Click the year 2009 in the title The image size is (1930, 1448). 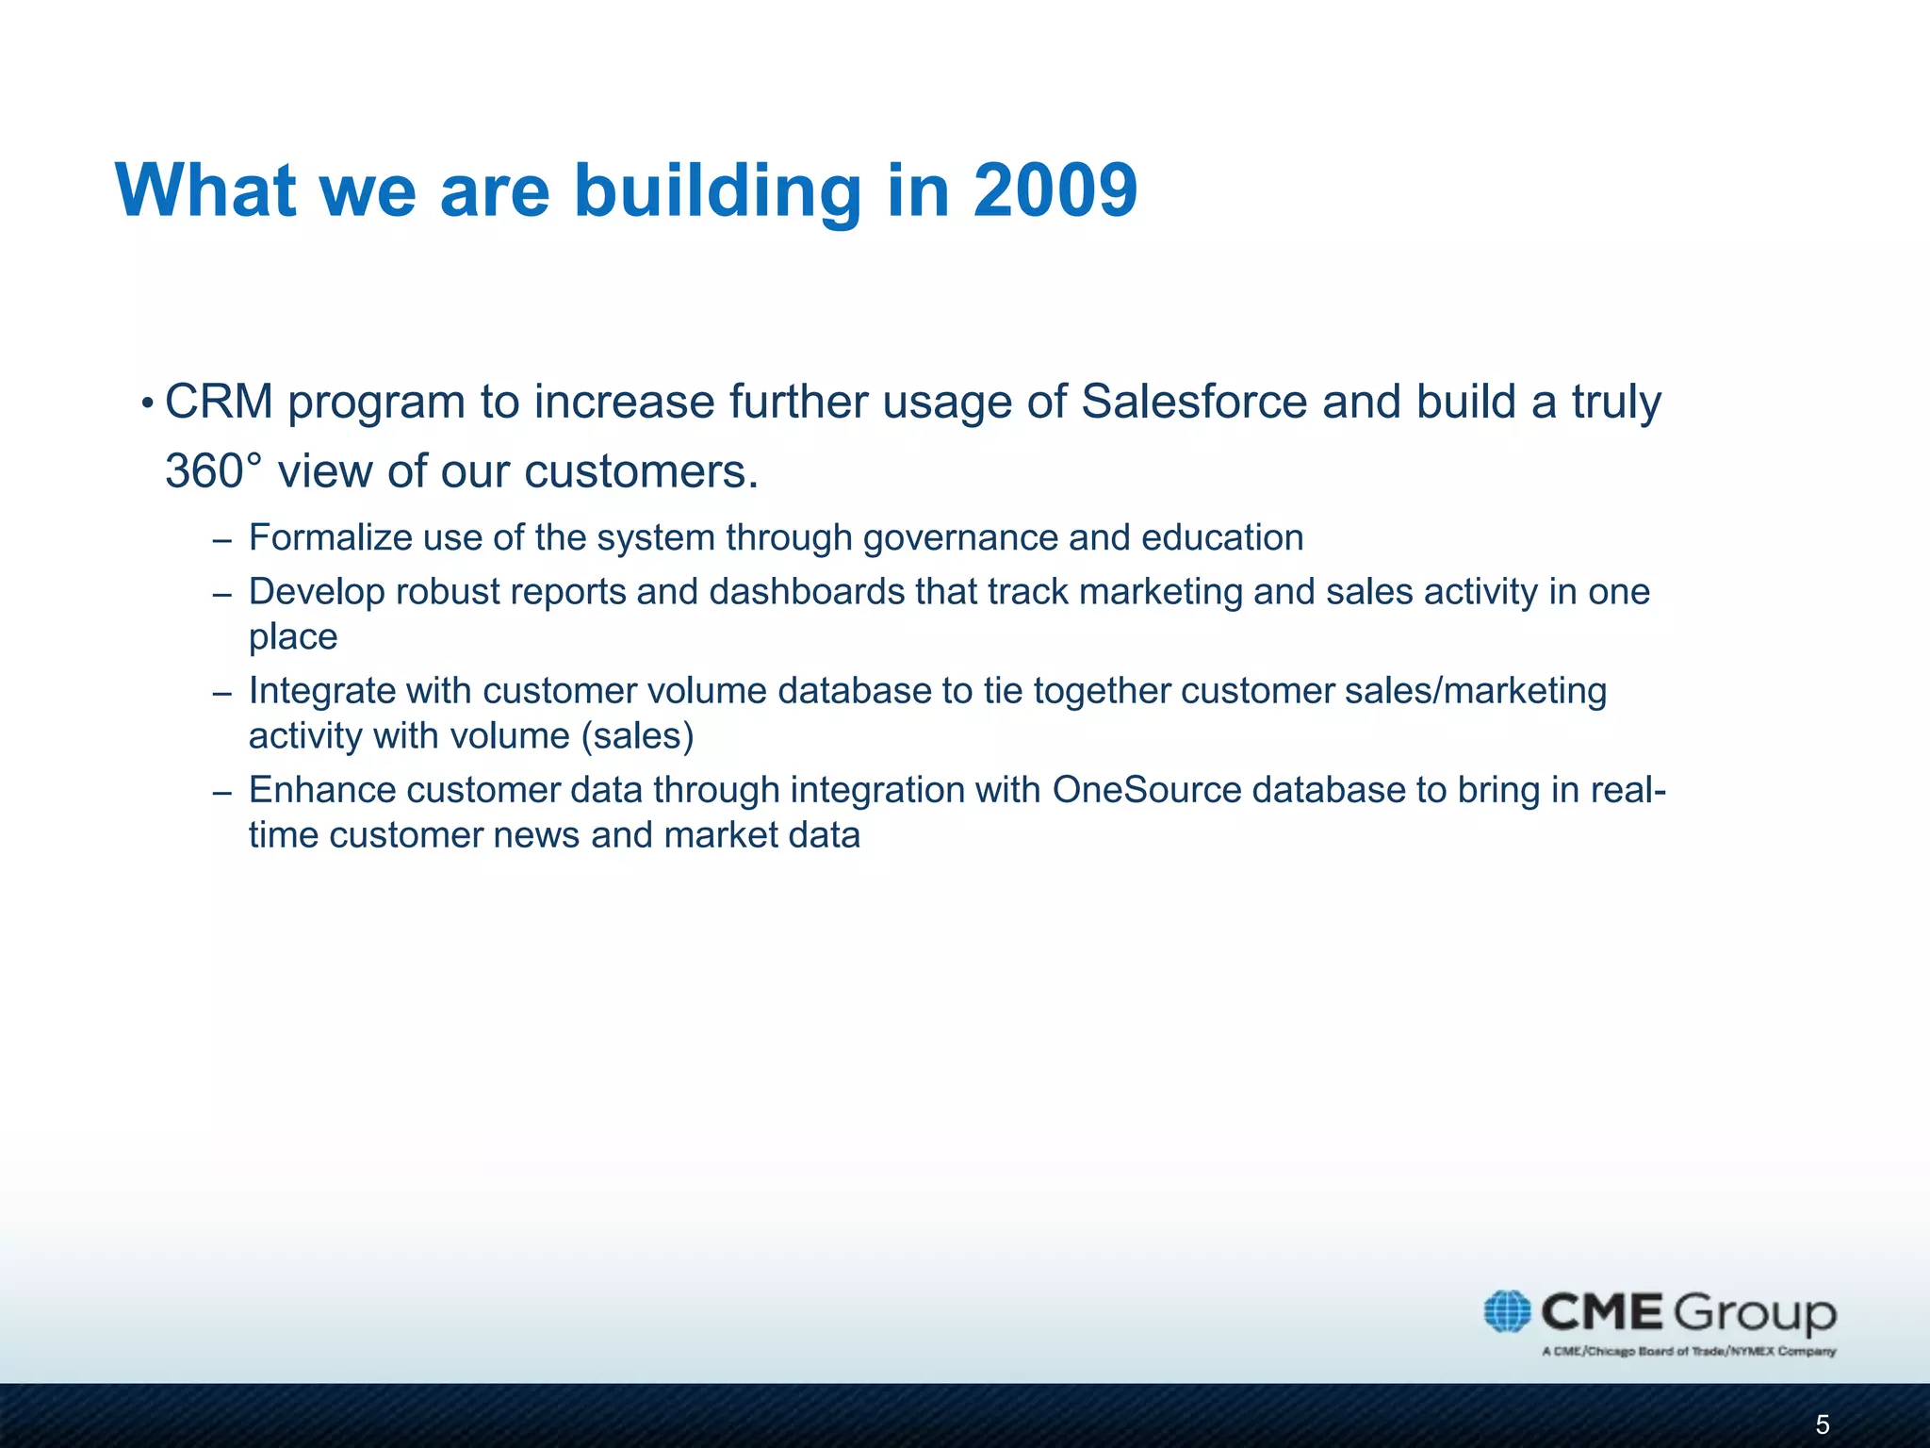[1055, 190]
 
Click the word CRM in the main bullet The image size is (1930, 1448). [219, 402]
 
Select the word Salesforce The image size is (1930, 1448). [1194, 402]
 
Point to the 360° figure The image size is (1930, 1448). [212, 470]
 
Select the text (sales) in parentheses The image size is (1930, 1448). [637, 736]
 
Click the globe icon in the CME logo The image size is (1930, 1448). [1507, 1311]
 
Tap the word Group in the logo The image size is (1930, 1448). [1755, 1312]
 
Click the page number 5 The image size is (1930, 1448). [1822, 1424]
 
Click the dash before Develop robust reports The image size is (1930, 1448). [222, 595]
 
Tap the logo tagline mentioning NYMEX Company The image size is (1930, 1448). [1689, 1352]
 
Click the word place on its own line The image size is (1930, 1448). [293, 638]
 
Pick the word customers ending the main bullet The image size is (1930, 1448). [640, 470]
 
